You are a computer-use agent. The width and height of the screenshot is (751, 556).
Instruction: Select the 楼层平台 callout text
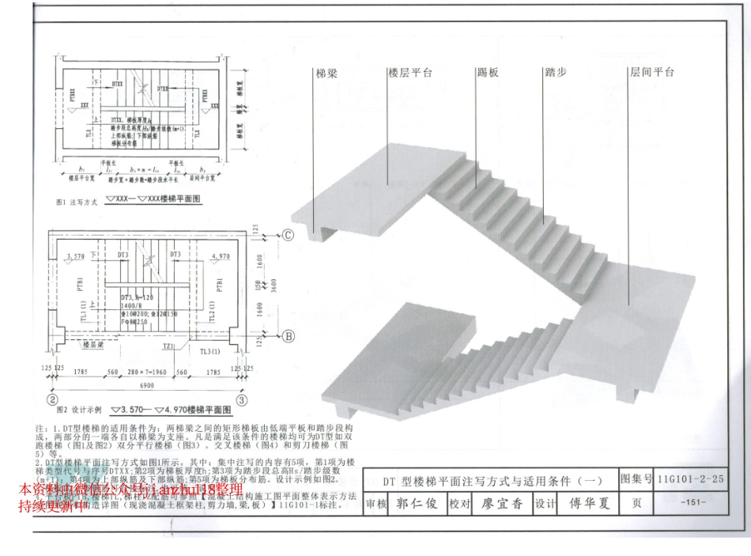click(409, 73)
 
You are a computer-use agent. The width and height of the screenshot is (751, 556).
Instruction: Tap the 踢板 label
click(488, 73)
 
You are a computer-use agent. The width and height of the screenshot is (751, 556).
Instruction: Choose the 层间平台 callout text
click(651, 73)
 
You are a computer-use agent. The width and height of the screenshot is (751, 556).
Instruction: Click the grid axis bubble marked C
click(289, 235)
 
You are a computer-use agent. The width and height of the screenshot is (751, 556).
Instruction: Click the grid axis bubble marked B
click(289, 336)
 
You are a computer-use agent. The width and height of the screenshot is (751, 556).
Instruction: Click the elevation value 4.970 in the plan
click(221, 256)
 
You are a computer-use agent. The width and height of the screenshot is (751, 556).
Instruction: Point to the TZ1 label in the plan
click(170, 346)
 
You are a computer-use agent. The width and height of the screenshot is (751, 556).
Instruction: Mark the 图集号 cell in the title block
click(636, 479)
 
